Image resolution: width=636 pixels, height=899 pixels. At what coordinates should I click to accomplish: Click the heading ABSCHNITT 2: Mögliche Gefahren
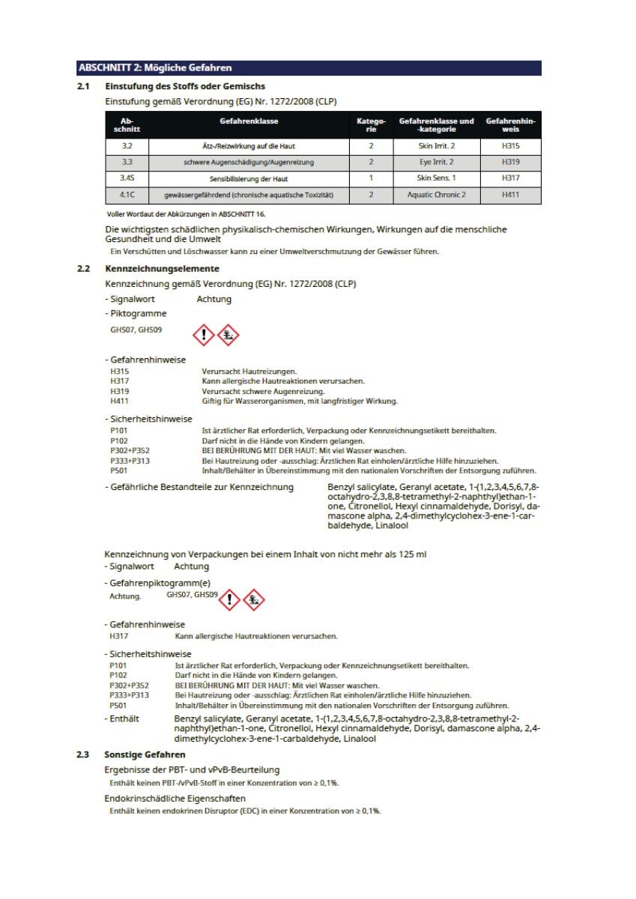pyautogui.click(x=155, y=69)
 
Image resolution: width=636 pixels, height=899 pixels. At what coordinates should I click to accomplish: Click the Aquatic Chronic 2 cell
pyautogui.click(x=436, y=196)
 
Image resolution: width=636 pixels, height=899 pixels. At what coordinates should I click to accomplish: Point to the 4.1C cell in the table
pyautogui.click(x=128, y=196)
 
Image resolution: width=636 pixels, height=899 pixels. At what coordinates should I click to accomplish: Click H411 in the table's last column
pyautogui.click(x=510, y=196)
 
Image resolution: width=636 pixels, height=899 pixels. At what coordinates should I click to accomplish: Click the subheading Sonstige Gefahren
pyautogui.click(x=145, y=754)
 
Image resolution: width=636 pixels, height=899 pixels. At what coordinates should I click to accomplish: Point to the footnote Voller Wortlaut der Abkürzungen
pyautogui.click(x=170, y=214)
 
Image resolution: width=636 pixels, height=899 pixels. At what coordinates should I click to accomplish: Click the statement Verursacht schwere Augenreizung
pyautogui.click(x=263, y=391)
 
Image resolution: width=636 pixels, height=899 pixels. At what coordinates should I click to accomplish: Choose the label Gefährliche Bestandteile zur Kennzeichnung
pyautogui.click(x=199, y=488)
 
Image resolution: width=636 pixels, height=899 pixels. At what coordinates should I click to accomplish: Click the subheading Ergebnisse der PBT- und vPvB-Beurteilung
pyautogui.click(x=192, y=770)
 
